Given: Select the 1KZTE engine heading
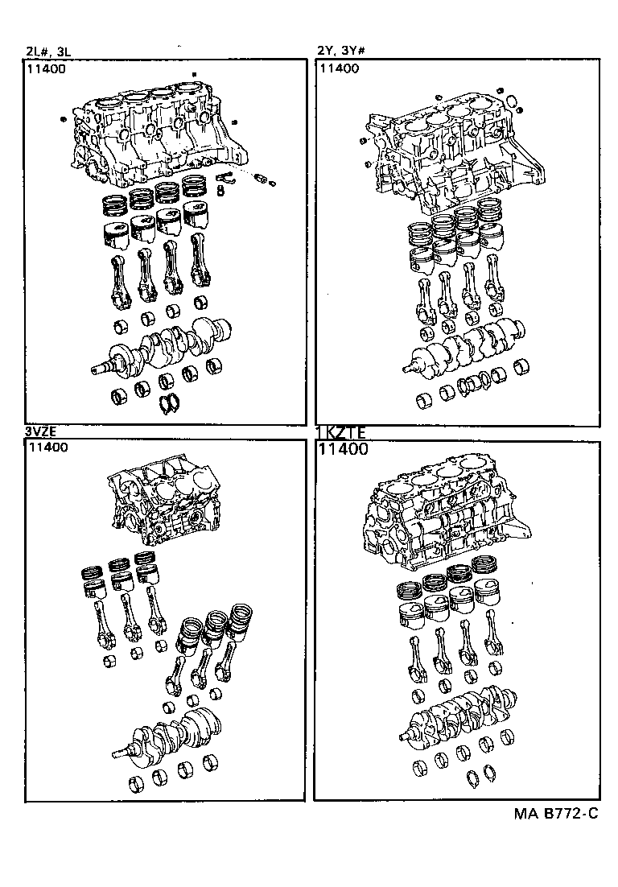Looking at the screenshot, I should click(342, 432).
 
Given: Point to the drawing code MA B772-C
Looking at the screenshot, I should click(556, 814).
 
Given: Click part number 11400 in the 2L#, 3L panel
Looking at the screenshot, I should click(47, 69).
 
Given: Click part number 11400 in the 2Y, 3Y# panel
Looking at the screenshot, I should click(340, 69).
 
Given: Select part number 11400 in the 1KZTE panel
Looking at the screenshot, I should click(344, 449).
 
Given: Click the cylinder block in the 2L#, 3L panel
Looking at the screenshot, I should click(153, 137).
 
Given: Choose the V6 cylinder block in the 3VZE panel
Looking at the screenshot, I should click(165, 507).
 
